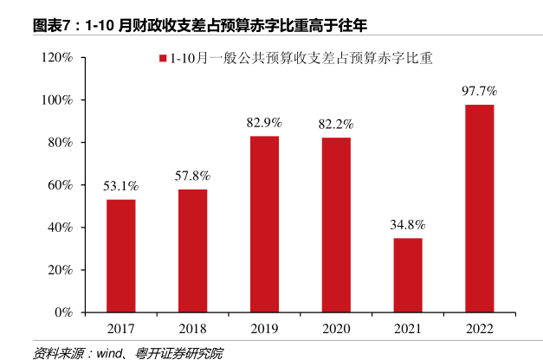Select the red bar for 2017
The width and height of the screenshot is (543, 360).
[x=121, y=255]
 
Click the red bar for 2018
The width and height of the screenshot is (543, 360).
[x=192, y=250]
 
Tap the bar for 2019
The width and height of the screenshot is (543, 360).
[x=264, y=224]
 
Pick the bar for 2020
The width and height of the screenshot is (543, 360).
[x=336, y=225]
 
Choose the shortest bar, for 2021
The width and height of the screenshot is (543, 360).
[x=408, y=274]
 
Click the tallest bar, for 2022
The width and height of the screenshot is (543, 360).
[x=480, y=208]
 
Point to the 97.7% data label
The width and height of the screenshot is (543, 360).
[x=479, y=91]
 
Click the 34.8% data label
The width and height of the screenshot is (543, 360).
[x=408, y=224]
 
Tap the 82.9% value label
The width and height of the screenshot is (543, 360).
[x=264, y=122]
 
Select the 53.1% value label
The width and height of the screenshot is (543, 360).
[x=121, y=185]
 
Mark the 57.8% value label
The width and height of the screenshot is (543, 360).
[x=192, y=176]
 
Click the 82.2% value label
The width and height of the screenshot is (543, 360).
[x=336, y=124]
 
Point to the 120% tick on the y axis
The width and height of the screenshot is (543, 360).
[x=56, y=58]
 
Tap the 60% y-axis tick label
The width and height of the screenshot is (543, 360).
[x=60, y=185]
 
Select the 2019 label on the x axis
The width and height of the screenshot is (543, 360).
[x=264, y=329]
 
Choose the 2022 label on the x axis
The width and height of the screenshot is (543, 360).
[x=480, y=329]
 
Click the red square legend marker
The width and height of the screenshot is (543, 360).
[x=161, y=60]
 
